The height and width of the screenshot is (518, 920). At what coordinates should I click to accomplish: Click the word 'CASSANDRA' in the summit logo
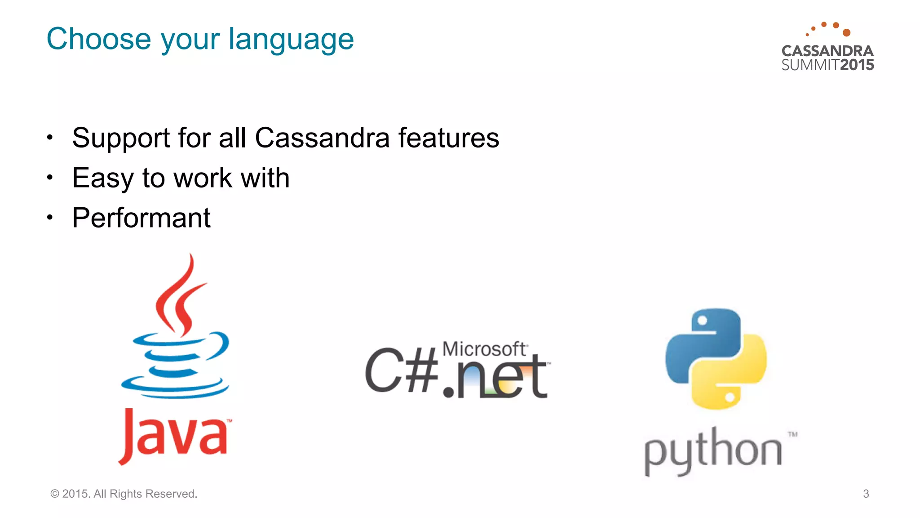[827, 51]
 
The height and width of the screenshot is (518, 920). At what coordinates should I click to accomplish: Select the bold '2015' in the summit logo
[857, 65]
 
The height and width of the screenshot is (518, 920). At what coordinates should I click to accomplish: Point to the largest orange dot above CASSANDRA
[846, 32]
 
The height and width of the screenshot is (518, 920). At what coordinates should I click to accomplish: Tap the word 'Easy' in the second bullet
[102, 178]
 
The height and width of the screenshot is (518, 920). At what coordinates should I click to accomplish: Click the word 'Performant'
[141, 218]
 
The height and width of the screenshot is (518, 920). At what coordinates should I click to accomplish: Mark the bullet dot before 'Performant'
[50, 218]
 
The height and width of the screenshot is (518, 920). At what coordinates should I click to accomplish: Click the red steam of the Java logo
[180, 297]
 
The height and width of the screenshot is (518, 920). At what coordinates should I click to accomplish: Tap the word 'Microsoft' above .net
[484, 349]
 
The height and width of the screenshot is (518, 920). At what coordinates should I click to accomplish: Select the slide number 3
[866, 494]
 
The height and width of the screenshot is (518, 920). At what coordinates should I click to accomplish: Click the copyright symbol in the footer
[55, 494]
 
